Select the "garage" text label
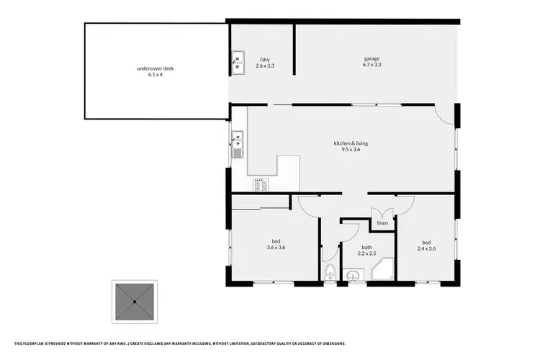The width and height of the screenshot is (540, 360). tap(372, 58)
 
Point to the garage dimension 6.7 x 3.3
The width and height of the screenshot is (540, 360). tap(372, 65)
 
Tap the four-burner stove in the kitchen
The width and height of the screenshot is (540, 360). tap(261, 184)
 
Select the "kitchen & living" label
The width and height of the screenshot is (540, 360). tap(351, 143)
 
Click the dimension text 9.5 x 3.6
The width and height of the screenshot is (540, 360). tap(351, 150)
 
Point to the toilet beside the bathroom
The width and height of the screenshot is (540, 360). tap(330, 273)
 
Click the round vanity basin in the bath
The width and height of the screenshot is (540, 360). tap(354, 274)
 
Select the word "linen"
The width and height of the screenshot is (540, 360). tap(382, 223)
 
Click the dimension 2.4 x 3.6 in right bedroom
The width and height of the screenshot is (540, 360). tap(426, 248)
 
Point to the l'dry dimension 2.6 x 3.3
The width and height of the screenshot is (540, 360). tap(265, 66)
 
